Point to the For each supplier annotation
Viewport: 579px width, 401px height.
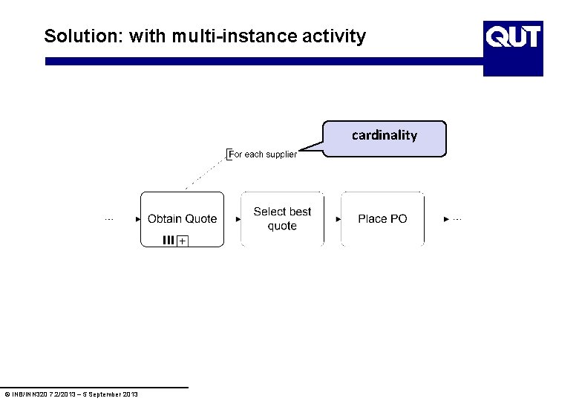pyautogui.click(x=264, y=154)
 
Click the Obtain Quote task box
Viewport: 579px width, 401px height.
pyautogui.click(x=182, y=218)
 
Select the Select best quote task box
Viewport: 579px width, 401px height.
pyautogui.click(x=282, y=218)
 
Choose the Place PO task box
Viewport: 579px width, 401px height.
pyautogui.click(x=382, y=218)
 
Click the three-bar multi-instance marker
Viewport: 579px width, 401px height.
pyautogui.click(x=168, y=240)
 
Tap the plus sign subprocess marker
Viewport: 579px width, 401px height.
pyautogui.click(x=183, y=241)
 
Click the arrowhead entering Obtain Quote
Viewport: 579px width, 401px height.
pyautogui.click(x=138, y=219)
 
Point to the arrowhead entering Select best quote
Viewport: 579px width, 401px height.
pyautogui.click(x=238, y=219)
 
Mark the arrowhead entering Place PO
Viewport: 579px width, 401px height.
pyautogui.click(x=338, y=219)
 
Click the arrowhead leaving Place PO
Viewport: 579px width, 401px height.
pyautogui.click(x=445, y=219)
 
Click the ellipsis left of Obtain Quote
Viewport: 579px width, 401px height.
pyautogui.click(x=108, y=219)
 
